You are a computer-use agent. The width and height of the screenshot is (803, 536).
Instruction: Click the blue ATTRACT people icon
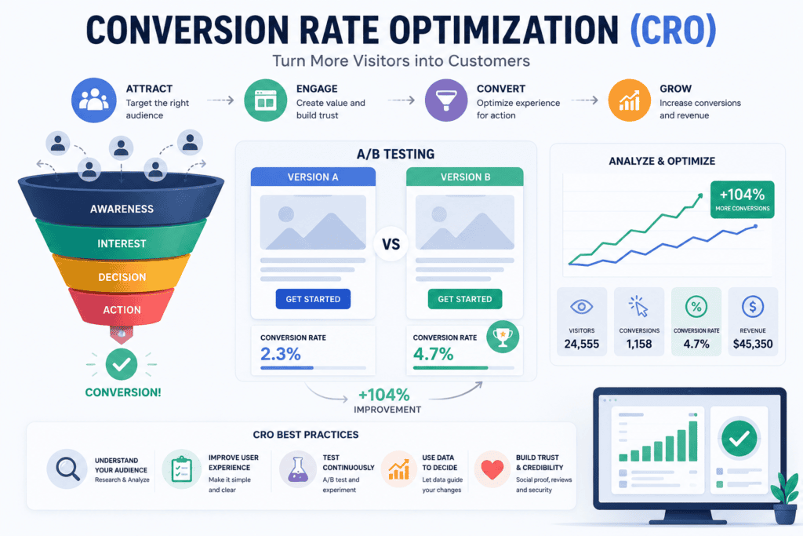pyautogui.click(x=94, y=100)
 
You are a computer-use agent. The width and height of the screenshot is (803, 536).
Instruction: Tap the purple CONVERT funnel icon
pyautogui.click(x=446, y=100)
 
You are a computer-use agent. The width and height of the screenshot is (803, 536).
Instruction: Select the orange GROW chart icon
pyautogui.click(x=630, y=100)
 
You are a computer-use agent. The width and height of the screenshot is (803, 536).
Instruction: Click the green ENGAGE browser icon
pyautogui.click(x=265, y=100)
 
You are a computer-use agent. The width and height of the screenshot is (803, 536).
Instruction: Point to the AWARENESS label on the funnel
pyautogui.click(x=122, y=209)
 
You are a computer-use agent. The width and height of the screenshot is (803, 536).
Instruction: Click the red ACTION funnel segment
pyautogui.click(x=122, y=308)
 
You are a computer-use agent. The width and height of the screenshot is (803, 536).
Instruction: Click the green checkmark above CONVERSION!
pyautogui.click(x=122, y=364)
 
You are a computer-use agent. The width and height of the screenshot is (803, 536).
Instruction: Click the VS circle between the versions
pyautogui.click(x=391, y=244)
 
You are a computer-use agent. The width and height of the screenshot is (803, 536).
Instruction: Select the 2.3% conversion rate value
pyautogui.click(x=280, y=354)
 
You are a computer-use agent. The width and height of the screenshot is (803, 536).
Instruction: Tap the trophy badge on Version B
pyautogui.click(x=503, y=337)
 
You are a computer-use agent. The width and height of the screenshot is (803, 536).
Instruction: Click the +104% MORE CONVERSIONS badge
pyautogui.click(x=742, y=199)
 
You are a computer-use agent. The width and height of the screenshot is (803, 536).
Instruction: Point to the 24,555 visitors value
pyautogui.click(x=582, y=345)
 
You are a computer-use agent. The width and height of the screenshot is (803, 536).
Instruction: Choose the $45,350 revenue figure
pyautogui.click(x=753, y=345)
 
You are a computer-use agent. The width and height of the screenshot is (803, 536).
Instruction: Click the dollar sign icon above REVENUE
pyautogui.click(x=753, y=307)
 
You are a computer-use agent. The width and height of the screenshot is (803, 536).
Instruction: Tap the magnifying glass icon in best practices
pyautogui.click(x=67, y=469)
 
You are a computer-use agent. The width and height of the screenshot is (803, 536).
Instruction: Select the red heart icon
pyautogui.click(x=492, y=469)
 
